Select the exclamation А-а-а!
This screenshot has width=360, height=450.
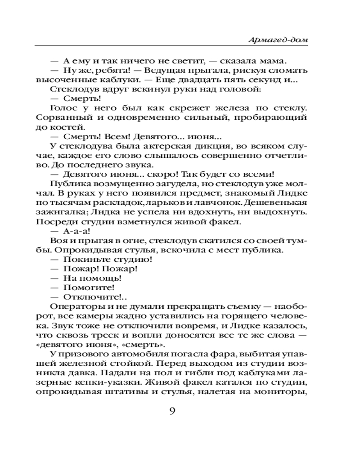pos(77,231)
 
